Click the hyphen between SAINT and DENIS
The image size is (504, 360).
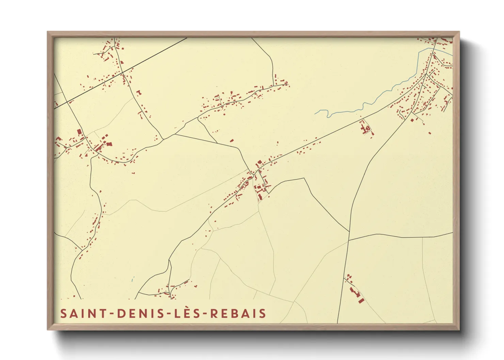point(112,314)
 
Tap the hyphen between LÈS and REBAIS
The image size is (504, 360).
point(205,314)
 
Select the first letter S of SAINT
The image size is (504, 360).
point(63,313)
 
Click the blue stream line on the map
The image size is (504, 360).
point(375,99)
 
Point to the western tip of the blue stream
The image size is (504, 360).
point(315,113)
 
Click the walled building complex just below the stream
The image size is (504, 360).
point(366,129)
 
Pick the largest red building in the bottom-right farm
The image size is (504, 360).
point(361,300)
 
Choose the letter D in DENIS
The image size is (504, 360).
point(120,313)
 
